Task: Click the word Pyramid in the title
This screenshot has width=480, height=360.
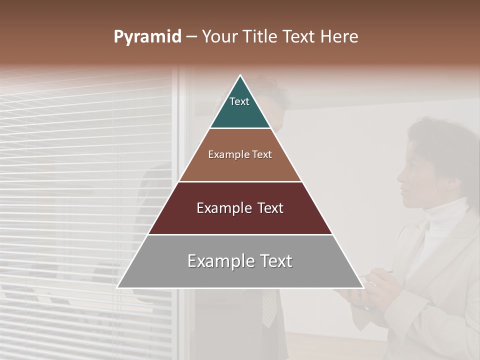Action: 147,36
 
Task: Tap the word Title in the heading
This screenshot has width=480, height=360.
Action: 259,36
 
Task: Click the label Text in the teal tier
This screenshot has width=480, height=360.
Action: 239,101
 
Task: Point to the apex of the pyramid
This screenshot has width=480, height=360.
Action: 240,76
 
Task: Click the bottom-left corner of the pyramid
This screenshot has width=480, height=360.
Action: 118,287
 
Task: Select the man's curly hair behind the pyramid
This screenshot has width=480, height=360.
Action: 272,87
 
